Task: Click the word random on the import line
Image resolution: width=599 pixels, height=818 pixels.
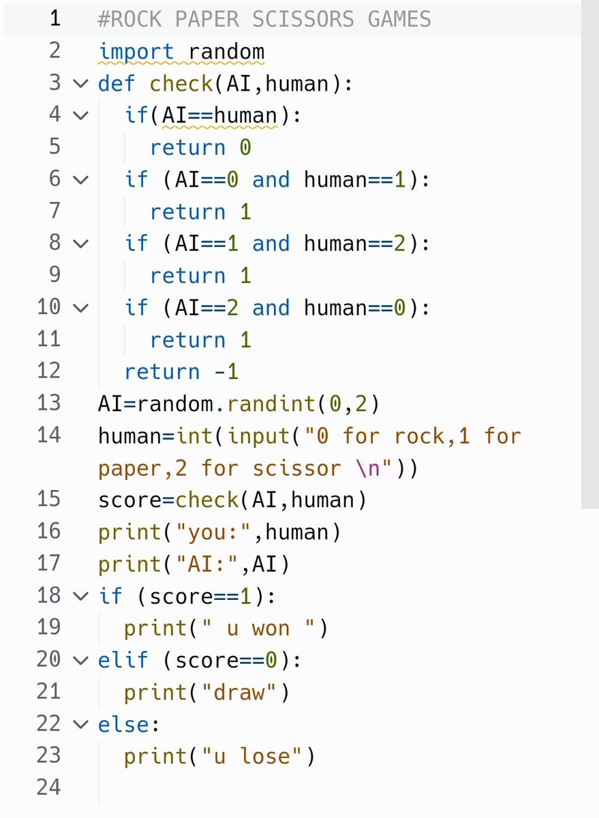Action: point(226,52)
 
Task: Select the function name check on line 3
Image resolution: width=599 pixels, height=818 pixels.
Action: point(181,84)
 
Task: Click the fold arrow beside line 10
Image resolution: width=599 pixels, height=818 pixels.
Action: point(80,308)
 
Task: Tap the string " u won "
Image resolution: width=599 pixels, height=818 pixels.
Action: point(258,628)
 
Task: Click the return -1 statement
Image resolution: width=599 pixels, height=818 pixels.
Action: point(181,372)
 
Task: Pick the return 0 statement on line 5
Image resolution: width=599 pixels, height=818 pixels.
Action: point(200,148)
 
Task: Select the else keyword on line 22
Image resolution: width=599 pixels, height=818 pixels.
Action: point(123,724)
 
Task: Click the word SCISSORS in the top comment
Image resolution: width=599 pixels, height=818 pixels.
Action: point(297,19)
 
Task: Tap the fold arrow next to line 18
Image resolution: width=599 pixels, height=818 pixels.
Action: point(80,596)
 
